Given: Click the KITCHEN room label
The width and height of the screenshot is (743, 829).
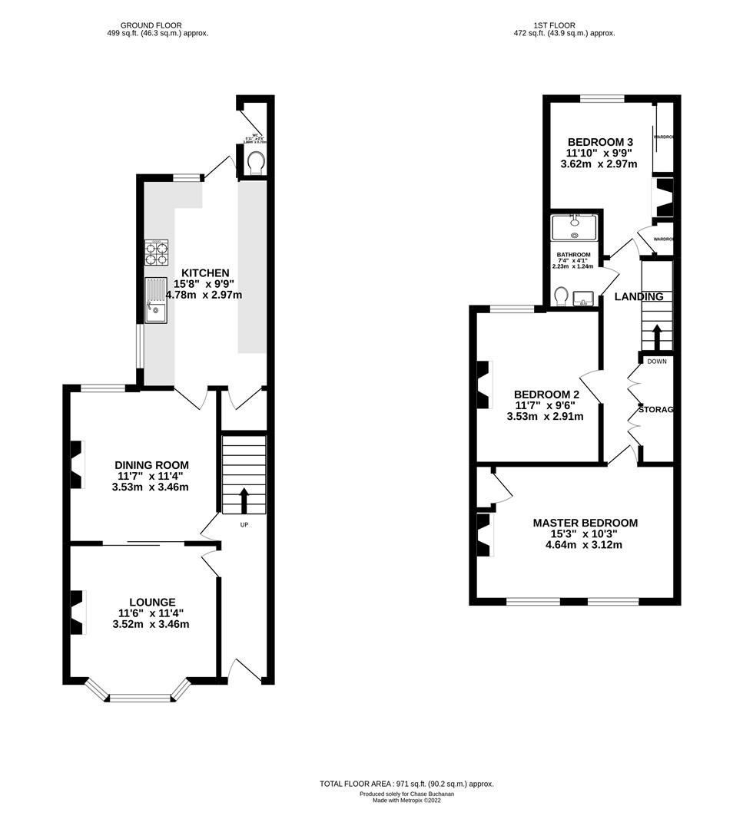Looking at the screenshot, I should (204, 273).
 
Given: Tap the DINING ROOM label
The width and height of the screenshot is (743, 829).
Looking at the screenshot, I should (151, 465).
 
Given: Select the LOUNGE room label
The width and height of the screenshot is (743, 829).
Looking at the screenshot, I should (152, 603).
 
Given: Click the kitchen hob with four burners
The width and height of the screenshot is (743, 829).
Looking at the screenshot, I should (156, 253).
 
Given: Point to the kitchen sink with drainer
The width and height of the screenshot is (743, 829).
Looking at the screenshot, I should (156, 299).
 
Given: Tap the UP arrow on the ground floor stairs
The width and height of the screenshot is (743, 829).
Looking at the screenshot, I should (244, 500).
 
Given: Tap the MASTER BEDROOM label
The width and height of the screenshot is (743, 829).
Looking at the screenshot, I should (585, 523).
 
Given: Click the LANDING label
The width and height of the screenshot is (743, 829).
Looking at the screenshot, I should (638, 297).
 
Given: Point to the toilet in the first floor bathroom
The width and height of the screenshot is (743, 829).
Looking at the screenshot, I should (562, 296).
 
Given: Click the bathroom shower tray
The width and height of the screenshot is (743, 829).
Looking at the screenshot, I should (575, 228).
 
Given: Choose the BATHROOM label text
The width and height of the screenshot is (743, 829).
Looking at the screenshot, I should (573, 255).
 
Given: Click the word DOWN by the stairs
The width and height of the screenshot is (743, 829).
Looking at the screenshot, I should (656, 361).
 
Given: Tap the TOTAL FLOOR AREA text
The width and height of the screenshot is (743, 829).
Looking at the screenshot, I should (406, 784).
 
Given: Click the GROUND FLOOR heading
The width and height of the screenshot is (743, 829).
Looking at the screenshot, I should (151, 25).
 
